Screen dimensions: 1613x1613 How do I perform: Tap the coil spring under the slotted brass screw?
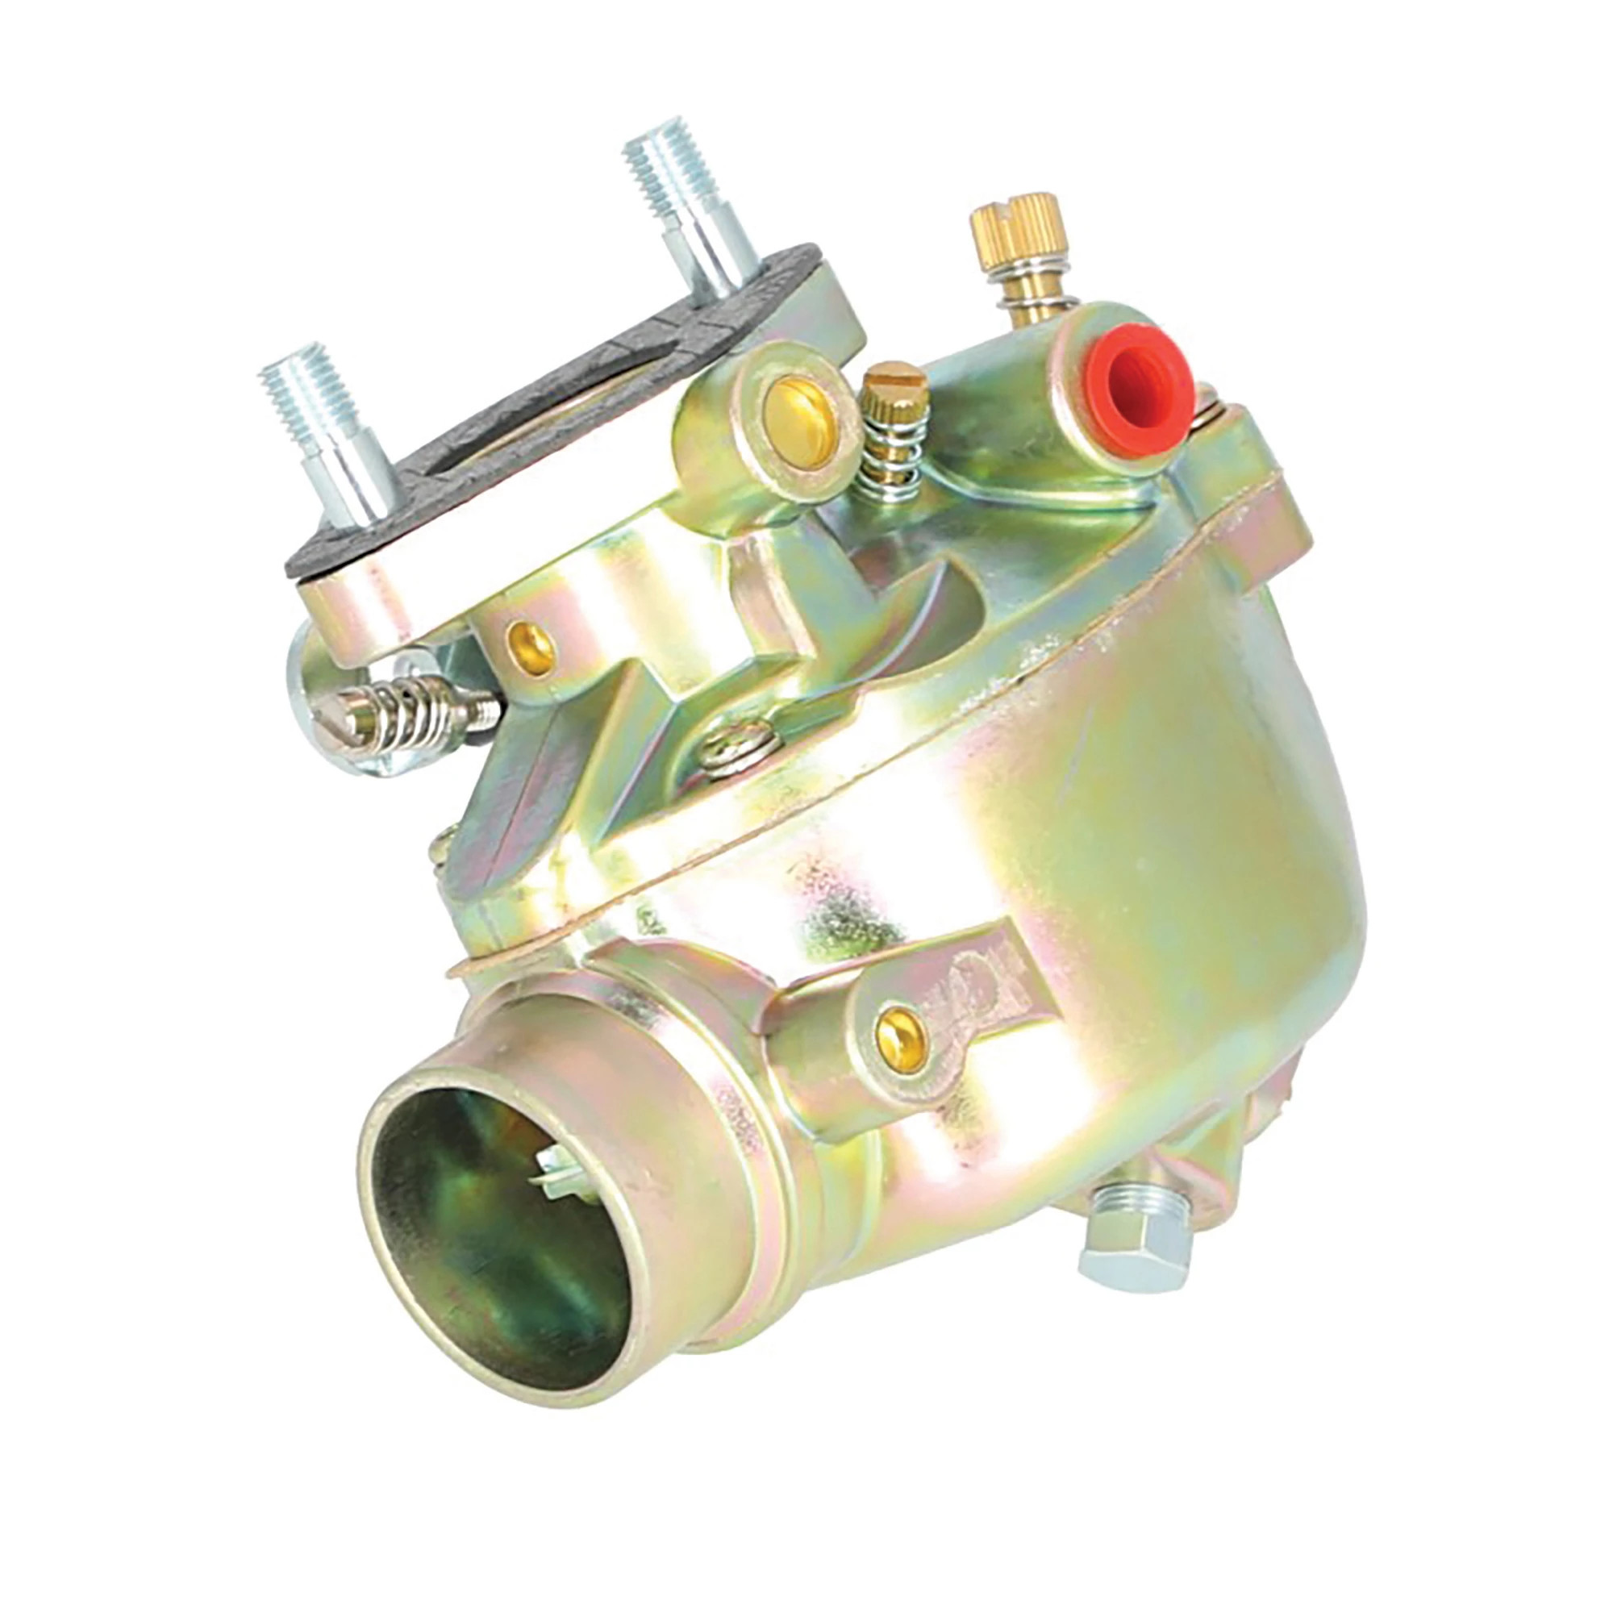click(x=892, y=455)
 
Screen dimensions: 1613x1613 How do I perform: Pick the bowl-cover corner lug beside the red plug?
click(x=1252, y=484)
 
